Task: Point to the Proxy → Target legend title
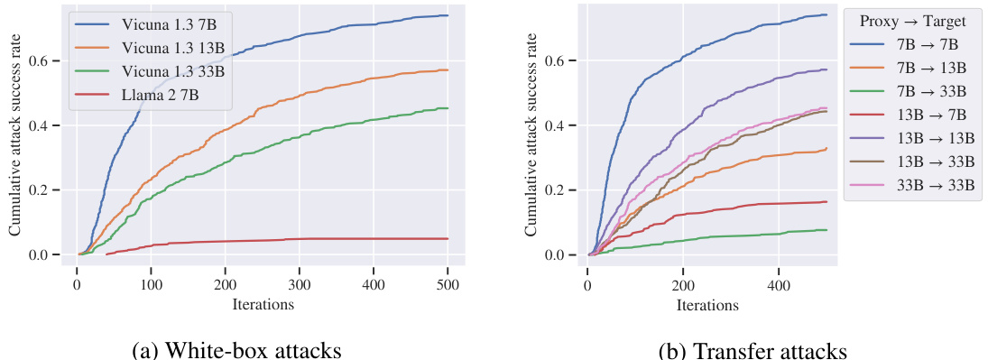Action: (x=913, y=21)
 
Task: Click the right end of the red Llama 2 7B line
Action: (x=448, y=238)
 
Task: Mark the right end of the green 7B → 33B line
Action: (x=826, y=230)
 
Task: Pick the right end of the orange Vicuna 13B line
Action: (x=448, y=70)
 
